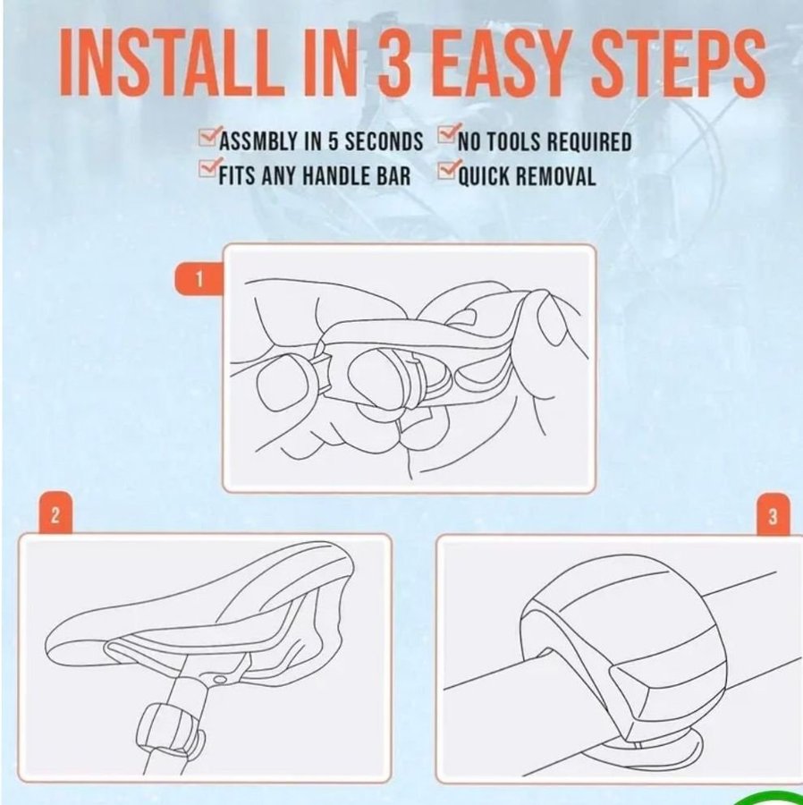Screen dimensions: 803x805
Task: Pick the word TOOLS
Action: coord(513,141)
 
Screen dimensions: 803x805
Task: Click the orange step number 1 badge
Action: coord(199,279)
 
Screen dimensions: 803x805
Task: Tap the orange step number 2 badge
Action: coord(55,514)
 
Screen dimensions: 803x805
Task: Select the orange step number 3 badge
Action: coord(773,515)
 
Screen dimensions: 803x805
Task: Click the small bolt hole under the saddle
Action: coord(220,680)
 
